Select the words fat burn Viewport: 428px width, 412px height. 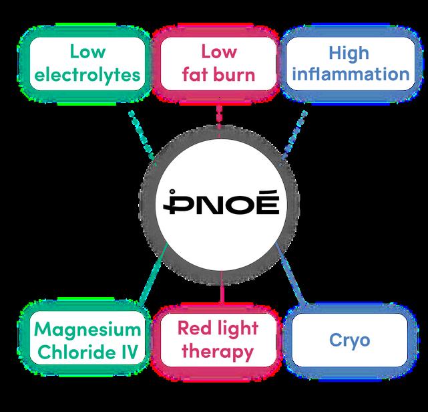point(219,74)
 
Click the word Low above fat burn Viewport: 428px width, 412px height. point(219,51)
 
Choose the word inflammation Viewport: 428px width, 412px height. point(349,74)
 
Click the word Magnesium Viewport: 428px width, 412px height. point(88,329)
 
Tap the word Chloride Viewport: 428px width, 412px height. point(75,352)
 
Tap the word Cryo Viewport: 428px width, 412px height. point(349,340)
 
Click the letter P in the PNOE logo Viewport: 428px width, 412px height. point(177,202)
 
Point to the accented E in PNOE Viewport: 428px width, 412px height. point(264,201)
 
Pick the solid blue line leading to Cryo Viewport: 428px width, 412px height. point(292,276)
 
